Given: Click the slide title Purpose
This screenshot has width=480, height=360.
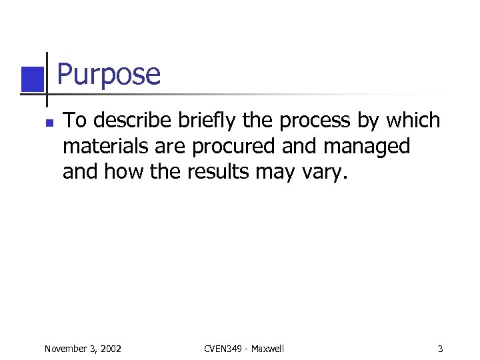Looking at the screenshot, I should [109, 75].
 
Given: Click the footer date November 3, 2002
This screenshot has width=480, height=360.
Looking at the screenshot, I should [82, 349].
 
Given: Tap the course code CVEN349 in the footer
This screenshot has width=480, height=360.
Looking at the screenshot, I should [221, 349].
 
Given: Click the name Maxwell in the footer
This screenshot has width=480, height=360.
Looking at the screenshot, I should [267, 349].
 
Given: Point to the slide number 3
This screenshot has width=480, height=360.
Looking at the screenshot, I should [441, 349].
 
